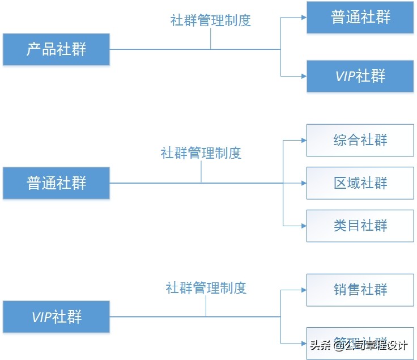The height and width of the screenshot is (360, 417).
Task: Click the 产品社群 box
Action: (56, 49)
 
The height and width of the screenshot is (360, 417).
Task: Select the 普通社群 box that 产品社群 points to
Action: (360, 17)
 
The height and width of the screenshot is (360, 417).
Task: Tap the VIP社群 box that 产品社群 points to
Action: (360, 76)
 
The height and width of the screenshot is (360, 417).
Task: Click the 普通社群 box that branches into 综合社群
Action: (56, 183)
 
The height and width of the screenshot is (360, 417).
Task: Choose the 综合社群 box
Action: (360, 140)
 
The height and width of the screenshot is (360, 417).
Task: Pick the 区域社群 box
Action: (360, 183)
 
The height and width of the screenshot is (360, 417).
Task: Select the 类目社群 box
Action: (360, 226)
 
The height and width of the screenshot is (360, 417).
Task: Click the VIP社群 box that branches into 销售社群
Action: (56, 316)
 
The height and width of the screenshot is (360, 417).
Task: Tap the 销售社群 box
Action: (360, 290)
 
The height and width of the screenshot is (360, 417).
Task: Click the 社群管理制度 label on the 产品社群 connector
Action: (210, 20)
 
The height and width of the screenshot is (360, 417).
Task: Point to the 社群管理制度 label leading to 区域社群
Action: (201, 153)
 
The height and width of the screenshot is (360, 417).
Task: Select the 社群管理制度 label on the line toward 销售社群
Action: (206, 287)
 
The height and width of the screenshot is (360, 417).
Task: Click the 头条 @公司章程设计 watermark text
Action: (358, 345)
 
